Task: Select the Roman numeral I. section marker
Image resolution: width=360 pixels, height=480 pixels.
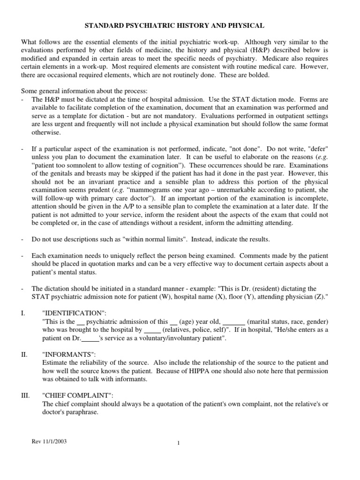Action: (23, 313)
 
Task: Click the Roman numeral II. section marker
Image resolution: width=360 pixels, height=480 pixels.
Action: (24, 354)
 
